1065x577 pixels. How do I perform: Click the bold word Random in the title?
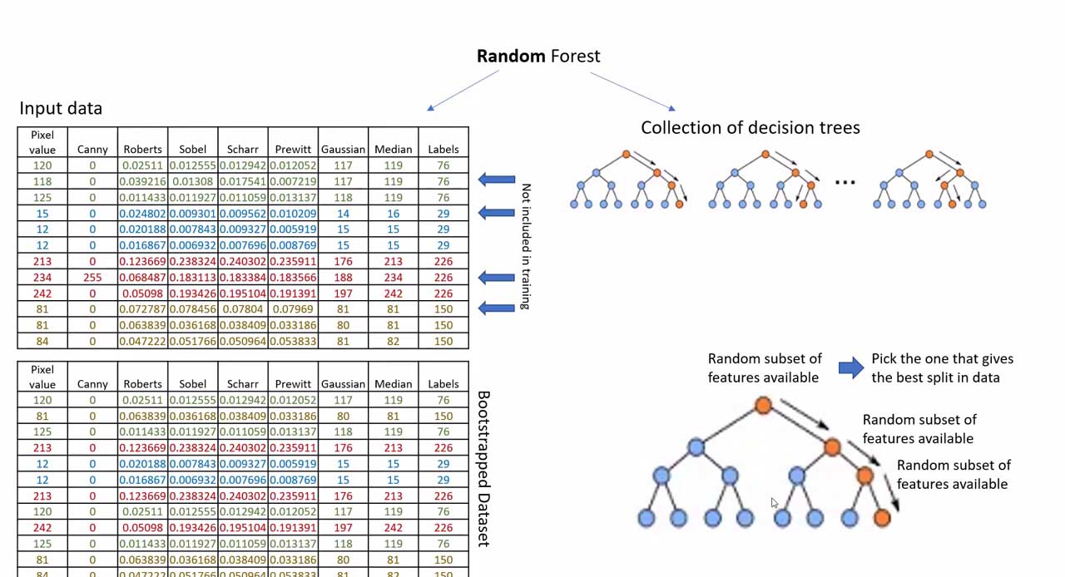tap(511, 57)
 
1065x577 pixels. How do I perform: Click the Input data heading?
tap(61, 108)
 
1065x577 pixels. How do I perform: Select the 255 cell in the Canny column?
tap(92, 278)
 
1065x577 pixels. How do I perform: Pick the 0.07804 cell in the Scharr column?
tap(242, 309)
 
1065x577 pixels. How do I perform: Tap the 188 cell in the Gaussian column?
tap(343, 278)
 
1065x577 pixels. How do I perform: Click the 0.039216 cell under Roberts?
tap(142, 181)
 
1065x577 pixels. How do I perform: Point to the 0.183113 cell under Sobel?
tap(192, 278)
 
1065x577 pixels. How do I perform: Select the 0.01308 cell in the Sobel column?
tap(192, 181)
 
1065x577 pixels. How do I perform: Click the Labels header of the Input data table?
tap(443, 150)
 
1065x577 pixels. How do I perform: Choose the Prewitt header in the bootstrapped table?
tap(293, 384)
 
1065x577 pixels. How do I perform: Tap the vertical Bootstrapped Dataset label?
tap(483, 469)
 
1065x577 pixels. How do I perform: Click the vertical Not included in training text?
tap(524, 246)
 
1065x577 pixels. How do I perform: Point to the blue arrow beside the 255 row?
tap(497, 278)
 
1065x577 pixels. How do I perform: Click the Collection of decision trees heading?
tap(750, 128)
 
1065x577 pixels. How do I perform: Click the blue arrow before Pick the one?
tap(850, 367)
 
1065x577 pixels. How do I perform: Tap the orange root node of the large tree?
tap(763, 405)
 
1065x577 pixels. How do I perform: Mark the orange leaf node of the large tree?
tap(882, 518)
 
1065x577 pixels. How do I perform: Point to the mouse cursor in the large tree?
tap(774, 503)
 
